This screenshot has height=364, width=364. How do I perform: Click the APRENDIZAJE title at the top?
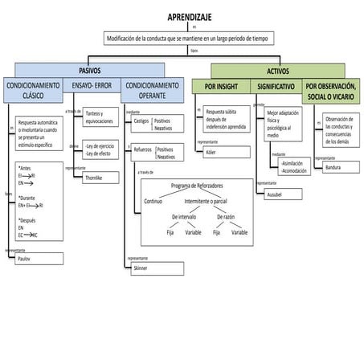(x=190, y=17)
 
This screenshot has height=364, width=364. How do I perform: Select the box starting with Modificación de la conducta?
(x=190, y=38)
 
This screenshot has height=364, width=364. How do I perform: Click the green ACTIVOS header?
(x=277, y=71)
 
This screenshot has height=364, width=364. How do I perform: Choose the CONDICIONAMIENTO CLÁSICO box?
(x=33, y=90)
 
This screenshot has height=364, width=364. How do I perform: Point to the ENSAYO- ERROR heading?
(x=92, y=84)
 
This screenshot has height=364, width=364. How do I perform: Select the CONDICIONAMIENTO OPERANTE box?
(x=153, y=90)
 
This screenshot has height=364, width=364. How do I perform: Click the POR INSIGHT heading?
(x=221, y=85)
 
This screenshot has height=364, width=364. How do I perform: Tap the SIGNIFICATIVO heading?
(x=276, y=85)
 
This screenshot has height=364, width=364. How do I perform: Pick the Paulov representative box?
(x=38, y=260)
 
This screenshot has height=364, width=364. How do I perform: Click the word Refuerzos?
(x=143, y=149)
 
